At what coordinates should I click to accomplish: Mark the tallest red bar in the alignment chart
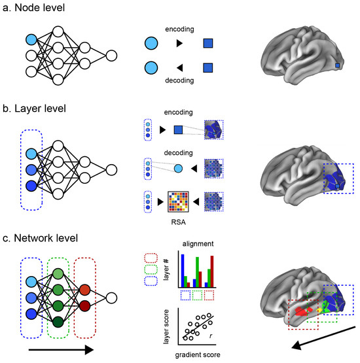click(211, 268)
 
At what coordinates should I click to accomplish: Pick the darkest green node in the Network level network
click(58, 321)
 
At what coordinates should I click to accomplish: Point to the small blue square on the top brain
click(338, 65)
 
